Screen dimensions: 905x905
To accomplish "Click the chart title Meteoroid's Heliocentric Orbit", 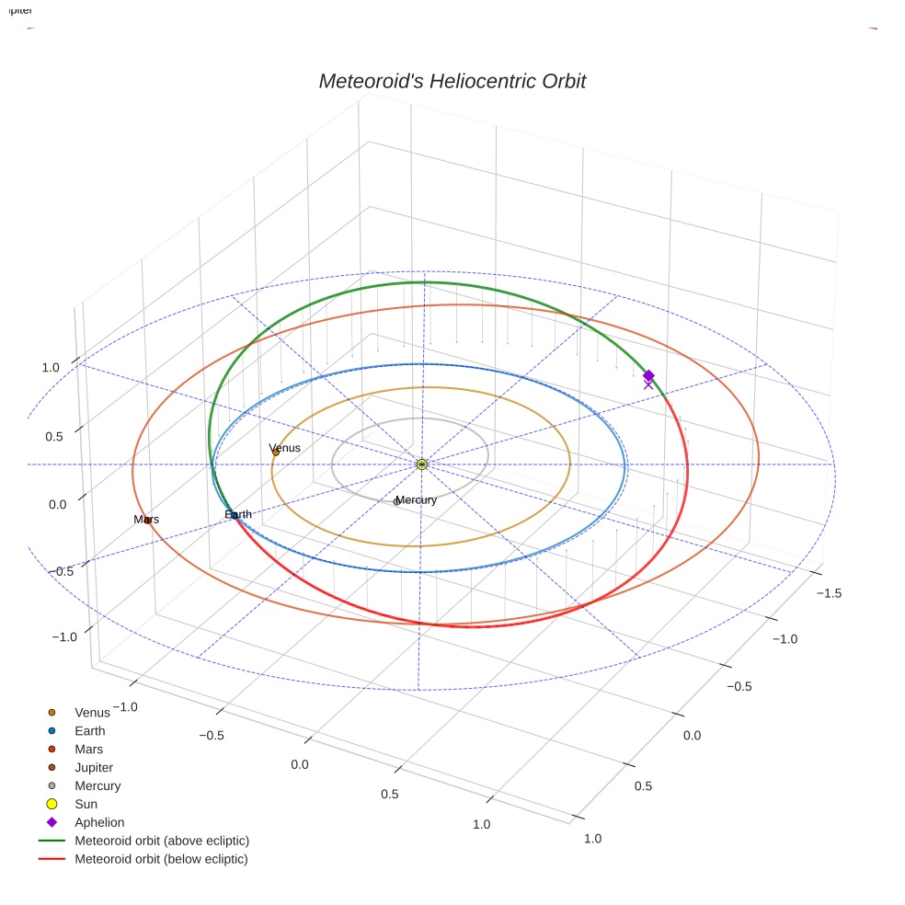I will [452, 81].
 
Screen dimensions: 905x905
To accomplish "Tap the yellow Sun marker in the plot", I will [421, 464].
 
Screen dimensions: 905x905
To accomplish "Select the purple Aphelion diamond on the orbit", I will [648, 375].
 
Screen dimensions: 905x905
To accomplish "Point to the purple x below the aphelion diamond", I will [648, 385].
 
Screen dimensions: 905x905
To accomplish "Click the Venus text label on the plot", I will [284, 448].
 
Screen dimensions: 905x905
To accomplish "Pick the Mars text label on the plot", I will [146, 519].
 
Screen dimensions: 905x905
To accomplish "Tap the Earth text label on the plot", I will [238, 514].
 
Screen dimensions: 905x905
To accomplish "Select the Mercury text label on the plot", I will [416, 499].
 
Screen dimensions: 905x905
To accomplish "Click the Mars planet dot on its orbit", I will [147, 521].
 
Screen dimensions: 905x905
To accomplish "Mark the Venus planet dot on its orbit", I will [275, 452].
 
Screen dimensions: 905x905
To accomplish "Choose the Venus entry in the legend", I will [92, 712].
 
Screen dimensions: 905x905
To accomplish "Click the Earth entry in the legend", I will [89, 731].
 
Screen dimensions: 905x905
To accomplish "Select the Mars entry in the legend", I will [88, 750].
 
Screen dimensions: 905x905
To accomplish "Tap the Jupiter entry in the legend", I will [94, 767].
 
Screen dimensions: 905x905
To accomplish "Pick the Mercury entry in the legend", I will [97, 785].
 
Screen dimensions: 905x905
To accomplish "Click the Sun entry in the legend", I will [86, 804].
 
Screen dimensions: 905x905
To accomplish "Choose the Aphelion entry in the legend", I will [99, 822].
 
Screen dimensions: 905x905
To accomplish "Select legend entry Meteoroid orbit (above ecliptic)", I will [162, 841].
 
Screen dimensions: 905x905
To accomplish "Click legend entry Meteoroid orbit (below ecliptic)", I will [161, 859].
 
